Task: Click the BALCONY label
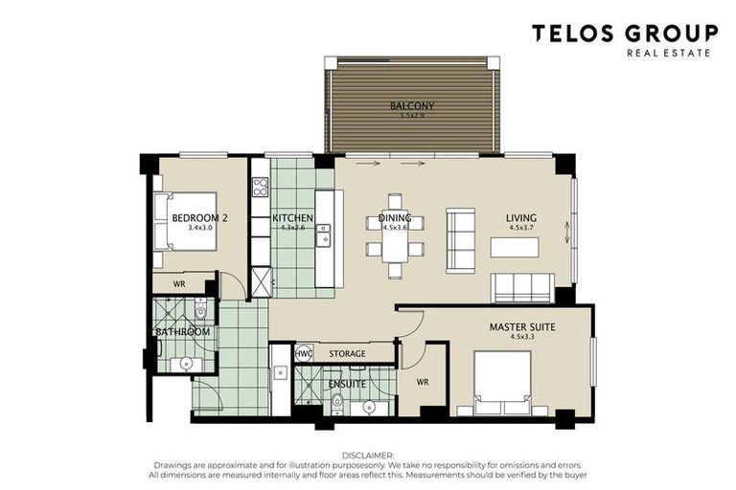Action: pos(412,105)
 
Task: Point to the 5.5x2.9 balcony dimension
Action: pos(412,116)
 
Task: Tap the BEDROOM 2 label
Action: pos(199,218)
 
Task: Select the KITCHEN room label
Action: pos(292,218)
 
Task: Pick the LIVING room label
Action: pos(521,218)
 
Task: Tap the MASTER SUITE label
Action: pos(522,327)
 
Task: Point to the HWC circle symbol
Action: pos(304,353)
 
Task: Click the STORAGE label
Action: pos(347,354)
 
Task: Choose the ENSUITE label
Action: pos(346,384)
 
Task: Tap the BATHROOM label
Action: pos(183,332)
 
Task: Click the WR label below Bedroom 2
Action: pos(179,285)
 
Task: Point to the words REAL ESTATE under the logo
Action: pos(668,53)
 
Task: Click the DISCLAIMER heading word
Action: pos(368,457)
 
